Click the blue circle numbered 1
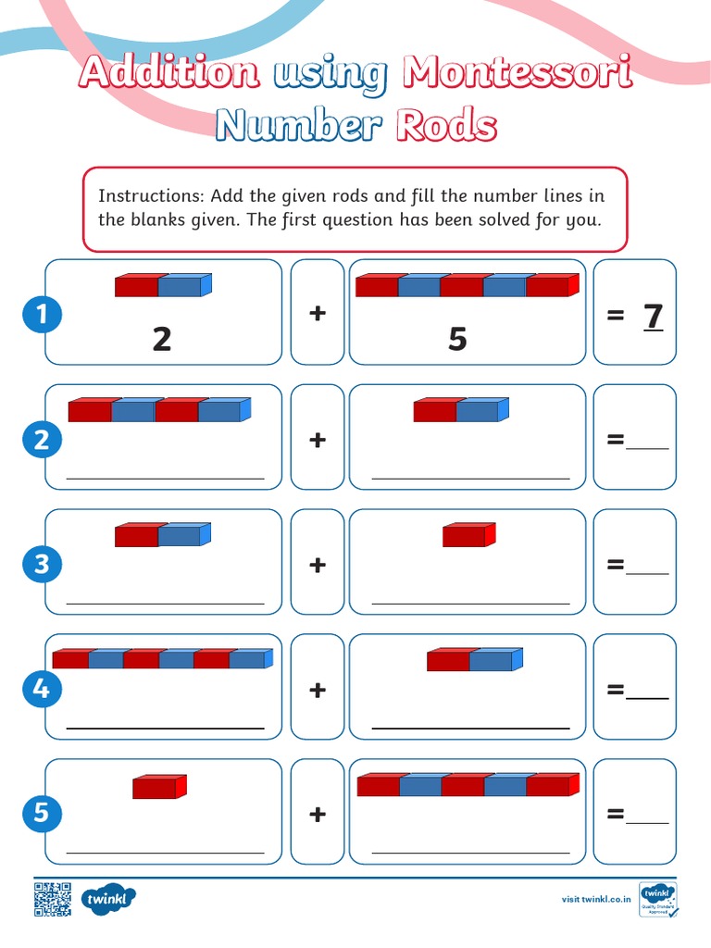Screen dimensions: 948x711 (x=42, y=316)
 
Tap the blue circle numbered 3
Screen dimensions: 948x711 (x=42, y=564)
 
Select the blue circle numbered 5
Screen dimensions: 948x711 (x=42, y=814)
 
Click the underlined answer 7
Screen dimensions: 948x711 (x=654, y=317)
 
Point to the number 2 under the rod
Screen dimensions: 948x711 (x=162, y=339)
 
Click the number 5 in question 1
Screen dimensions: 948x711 (x=457, y=339)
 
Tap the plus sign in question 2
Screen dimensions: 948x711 (x=318, y=439)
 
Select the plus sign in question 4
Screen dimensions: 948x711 (x=318, y=689)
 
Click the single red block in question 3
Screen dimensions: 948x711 (x=468, y=535)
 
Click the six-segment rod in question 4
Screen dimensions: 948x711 (x=162, y=658)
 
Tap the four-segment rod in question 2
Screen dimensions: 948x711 (x=159, y=409)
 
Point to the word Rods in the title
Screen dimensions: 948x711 (x=445, y=126)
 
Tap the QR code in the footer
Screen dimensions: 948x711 (x=53, y=899)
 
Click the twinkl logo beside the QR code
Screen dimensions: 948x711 (x=108, y=898)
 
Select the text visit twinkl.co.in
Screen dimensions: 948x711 (x=597, y=899)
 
